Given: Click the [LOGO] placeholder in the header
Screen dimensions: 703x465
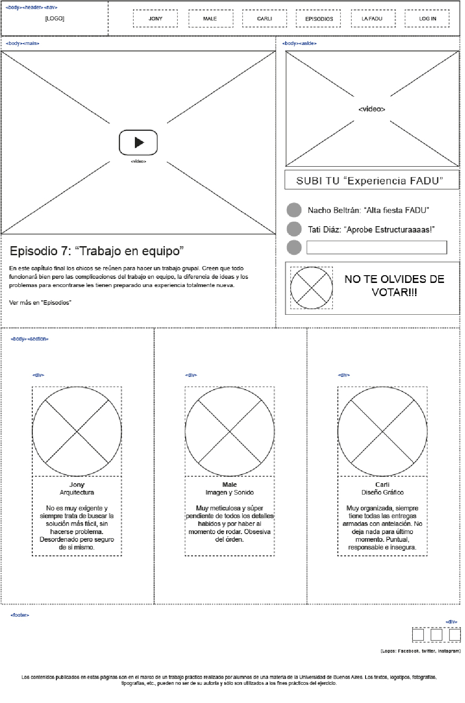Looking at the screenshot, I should (54, 19).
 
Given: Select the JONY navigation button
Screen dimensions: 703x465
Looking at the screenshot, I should (155, 19).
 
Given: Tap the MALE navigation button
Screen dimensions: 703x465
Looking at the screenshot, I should (210, 19).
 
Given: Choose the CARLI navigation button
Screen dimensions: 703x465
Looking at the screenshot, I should (264, 19).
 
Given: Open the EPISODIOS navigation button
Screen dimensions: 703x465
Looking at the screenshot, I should (319, 19).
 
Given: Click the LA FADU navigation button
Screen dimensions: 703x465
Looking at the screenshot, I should (372, 19).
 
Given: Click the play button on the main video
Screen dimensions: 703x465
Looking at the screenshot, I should (138, 143).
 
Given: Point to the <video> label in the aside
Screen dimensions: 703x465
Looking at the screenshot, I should (371, 109).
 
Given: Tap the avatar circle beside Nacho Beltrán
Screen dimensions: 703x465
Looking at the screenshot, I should (294, 210).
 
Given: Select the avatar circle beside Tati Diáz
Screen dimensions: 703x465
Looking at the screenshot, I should (294, 229).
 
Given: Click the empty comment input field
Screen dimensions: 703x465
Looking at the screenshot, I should (376, 248).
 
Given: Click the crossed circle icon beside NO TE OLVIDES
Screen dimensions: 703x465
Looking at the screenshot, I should (311, 287).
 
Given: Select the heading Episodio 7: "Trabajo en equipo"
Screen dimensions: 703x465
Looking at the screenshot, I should (97, 251).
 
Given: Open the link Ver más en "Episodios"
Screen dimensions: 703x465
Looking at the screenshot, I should (40, 302).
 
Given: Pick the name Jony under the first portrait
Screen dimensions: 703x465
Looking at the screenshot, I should (77, 485).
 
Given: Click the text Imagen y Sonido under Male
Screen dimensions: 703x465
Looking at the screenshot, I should (229, 492).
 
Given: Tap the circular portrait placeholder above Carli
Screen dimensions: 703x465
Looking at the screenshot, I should (382, 431).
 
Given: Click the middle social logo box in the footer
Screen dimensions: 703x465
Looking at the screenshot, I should (436, 634).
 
